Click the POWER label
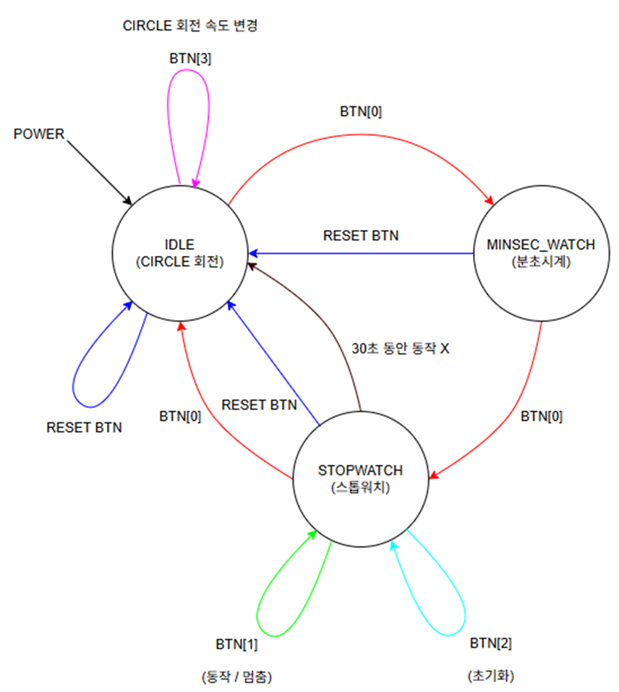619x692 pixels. click(x=39, y=134)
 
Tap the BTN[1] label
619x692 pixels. click(x=236, y=644)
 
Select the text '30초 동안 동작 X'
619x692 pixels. click(x=401, y=348)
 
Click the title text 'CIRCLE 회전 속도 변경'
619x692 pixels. click(x=191, y=27)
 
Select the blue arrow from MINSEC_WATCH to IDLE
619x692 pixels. click(x=362, y=254)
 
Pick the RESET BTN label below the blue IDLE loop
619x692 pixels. click(x=84, y=427)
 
